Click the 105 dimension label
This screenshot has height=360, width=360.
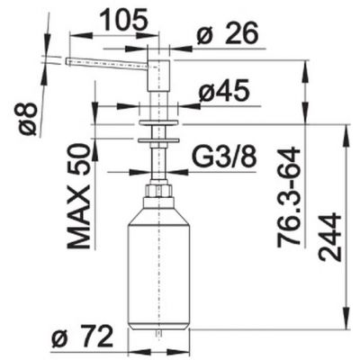(124, 20)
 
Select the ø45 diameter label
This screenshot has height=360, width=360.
(224, 90)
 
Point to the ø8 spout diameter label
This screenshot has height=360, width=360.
(26, 119)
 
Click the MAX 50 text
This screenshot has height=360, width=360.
(79, 195)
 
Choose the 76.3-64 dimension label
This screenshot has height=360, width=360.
(289, 198)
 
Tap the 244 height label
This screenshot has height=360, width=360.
(330, 238)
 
